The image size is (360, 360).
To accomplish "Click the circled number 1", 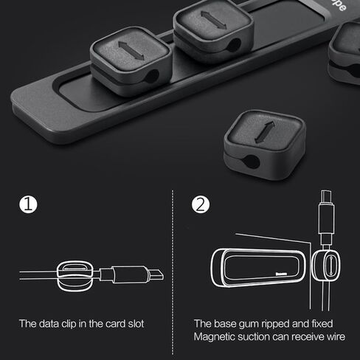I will tap(27, 205).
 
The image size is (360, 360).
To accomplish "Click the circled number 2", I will tap(200, 205).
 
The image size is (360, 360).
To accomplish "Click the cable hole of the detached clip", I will tap(249, 160).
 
